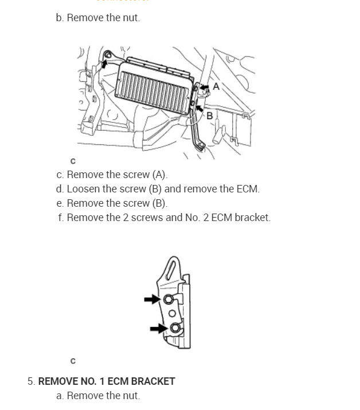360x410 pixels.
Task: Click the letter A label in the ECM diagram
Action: click(216, 86)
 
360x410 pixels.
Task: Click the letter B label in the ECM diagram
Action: click(209, 116)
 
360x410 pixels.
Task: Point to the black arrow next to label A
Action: click(204, 87)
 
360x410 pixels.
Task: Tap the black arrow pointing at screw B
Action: click(199, 107)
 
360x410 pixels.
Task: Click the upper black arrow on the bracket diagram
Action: click(152, 299)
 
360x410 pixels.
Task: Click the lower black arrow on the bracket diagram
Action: click(158, 329)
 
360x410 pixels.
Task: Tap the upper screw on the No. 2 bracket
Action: click(169, 299)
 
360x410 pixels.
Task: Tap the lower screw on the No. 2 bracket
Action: click(174, 329)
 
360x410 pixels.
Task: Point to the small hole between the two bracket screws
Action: click(171, 314)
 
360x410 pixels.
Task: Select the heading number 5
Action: click(31, 381)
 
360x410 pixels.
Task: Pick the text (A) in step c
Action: click(159, 175)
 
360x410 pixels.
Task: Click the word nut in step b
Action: click(131, 18)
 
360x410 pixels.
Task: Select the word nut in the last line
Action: click(131, 396)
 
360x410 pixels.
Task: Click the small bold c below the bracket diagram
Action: click(73, 361)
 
